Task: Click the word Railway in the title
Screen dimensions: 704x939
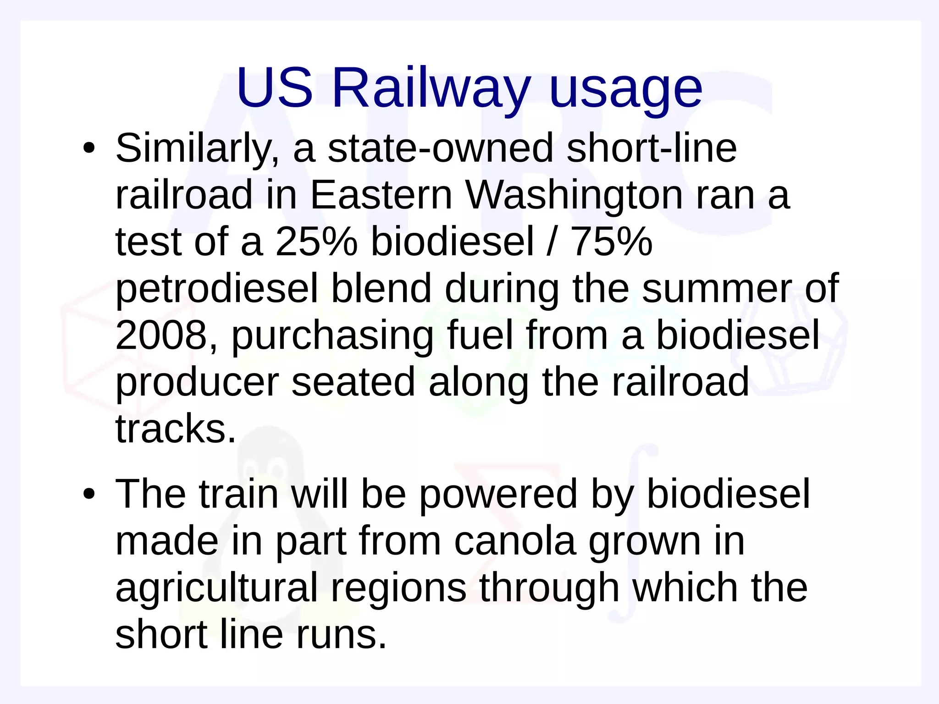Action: [x=431, y=88]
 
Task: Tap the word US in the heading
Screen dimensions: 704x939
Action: [x=274, y=88]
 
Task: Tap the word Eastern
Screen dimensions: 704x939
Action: [x=381, y=195]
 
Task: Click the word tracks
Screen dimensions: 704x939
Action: [x=175, y=429]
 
